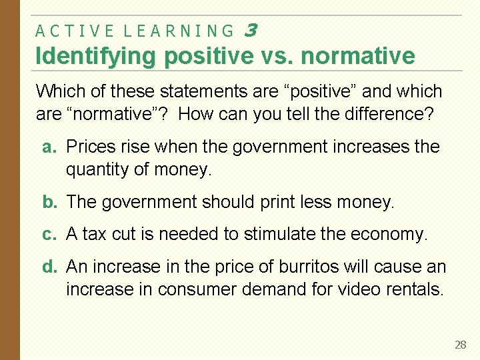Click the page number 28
[460, 345]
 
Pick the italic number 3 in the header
[251, 30]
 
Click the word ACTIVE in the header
[73, 31]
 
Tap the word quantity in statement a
[95, 170]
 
